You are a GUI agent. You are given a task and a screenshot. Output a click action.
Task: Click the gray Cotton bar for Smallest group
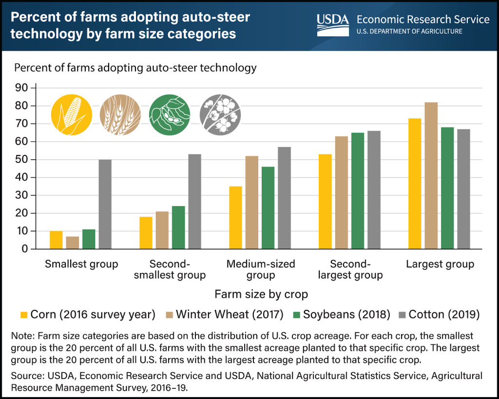[x=105, y=204]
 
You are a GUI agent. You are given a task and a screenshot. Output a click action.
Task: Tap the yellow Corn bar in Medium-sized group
[x=235, y=217]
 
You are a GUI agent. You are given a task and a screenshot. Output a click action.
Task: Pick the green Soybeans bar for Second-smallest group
[x=178, y=227]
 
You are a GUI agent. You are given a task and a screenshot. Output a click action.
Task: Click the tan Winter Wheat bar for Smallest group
[x=73, y=243]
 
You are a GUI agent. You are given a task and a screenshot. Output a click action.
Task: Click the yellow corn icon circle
[x=71, y=114]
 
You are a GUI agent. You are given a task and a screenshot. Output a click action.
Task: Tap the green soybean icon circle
[x=169, y=114]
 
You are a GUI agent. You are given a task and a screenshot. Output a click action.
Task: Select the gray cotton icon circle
[x=219, y=114]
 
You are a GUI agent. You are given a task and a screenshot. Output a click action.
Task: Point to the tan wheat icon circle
[x=120, y=114]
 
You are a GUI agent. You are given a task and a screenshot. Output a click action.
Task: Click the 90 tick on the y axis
[x=22, y=88]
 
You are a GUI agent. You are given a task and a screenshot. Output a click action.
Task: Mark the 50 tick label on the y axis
[x=22, y=159]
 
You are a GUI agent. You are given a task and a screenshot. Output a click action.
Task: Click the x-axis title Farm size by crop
[x=261, y=294]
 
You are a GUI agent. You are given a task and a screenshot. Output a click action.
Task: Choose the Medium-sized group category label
[x=261, y=269]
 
